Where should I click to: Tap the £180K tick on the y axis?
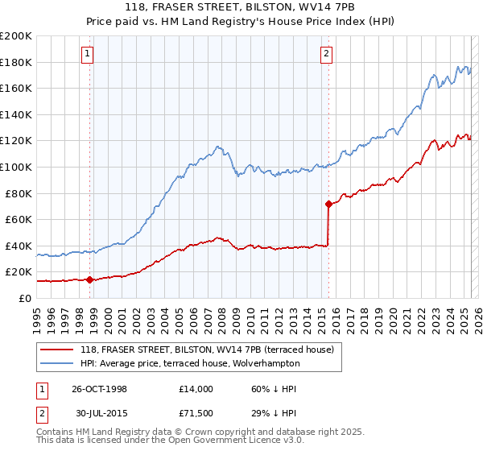pos(16,62)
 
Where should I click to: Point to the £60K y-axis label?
pos(19,219)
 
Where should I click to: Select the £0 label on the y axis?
pos(24,298)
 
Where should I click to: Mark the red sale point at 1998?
pos(90,279)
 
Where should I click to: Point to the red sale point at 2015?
pos(328,205)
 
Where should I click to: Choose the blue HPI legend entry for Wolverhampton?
pos(190,363)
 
